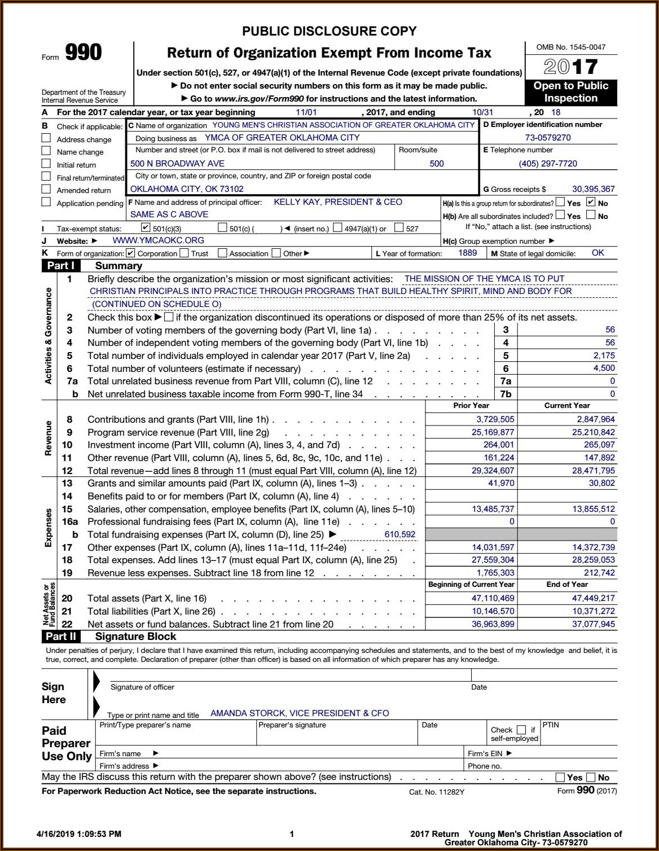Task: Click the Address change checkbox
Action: (46, 138)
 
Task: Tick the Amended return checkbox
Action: (46, 189)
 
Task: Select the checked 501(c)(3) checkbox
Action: (145, 228)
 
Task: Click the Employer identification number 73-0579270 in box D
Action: (548, 138)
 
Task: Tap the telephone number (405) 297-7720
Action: (548, 164)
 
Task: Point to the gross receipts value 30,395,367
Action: (593, 189)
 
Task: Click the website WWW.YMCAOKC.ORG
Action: (159, 240)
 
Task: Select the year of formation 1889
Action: (467, 253)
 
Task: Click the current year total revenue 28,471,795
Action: (592, 471)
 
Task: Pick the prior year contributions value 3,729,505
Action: (495, 419)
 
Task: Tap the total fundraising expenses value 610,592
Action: (399, 534)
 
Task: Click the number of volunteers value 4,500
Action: (604, 368)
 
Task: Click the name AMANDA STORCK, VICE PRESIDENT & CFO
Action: (300, 713)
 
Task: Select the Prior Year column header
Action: (471, 406)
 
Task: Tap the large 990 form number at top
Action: (84, 53)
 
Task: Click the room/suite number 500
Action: (436, 164)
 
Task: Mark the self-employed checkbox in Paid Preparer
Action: (521, 730)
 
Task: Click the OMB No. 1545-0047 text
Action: (571, 47)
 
